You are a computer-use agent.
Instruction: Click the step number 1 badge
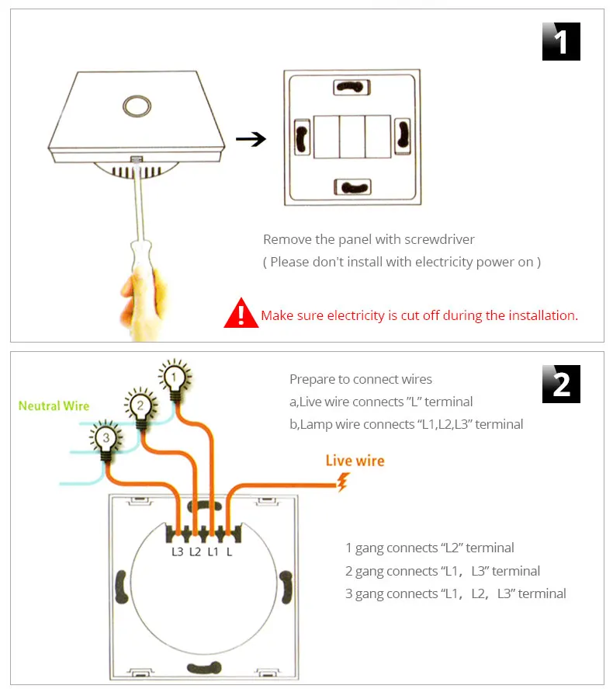[560, 42]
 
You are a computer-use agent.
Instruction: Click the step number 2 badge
[560, 385]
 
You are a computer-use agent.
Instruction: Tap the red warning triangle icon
[241, 313]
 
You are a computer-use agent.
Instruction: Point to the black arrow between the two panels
[251, 140]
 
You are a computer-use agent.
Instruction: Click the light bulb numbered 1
[175, 379]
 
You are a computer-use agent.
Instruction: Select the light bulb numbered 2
[139, 405]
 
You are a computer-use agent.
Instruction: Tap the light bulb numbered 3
[105, 439]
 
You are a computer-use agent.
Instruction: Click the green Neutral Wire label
[54, 405]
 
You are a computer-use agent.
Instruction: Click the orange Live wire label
[355, 461]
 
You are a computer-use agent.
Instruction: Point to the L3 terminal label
[178, 552]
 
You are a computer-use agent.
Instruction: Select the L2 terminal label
[195, 552]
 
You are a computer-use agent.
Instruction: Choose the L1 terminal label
[212, 552]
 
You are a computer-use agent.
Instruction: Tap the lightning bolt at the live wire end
[341, 483]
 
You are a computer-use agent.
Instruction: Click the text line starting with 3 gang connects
[455, 593]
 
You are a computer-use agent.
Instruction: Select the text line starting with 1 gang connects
[429, 548]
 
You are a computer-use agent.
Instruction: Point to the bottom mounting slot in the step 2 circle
[204, 667]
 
